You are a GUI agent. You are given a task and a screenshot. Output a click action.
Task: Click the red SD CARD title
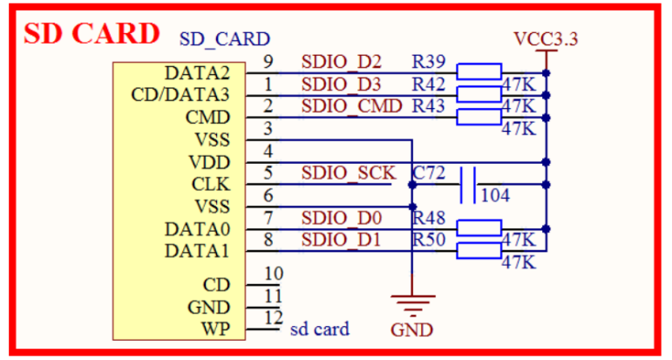92,33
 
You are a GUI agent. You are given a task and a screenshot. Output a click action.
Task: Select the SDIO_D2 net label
342,62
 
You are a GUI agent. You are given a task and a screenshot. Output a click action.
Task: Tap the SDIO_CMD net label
352,106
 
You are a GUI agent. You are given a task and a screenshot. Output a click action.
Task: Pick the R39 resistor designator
430,62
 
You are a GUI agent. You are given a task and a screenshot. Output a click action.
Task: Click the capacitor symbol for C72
468,184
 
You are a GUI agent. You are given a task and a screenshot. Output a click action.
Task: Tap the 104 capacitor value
495,195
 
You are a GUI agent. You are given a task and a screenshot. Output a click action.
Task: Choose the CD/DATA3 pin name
180,94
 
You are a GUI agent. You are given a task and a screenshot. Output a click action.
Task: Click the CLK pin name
211,184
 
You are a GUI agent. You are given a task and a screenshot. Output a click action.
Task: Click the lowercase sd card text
320,329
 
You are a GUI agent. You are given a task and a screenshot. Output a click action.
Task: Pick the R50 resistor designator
430,239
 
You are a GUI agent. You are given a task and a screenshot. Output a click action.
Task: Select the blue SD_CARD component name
224,39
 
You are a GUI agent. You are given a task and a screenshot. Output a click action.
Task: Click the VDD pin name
210,162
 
